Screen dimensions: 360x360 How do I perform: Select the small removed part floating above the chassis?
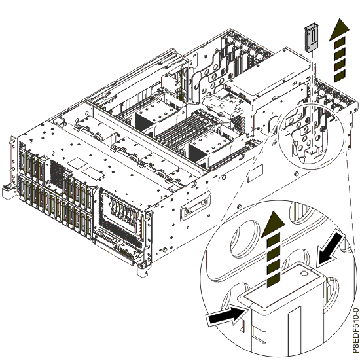[x=311, y=37]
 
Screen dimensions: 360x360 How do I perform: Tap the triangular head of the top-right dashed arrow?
[x=339, y=30]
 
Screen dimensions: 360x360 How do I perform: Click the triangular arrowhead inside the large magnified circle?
[x=273, y=223]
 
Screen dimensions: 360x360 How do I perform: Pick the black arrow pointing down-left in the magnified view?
[x=330, y=250]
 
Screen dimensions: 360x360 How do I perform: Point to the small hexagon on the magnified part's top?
[x=303, y=273]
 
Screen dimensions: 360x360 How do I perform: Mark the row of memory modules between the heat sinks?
[x=185, y=130]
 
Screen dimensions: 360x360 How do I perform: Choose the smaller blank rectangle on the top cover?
[x=92, y=173]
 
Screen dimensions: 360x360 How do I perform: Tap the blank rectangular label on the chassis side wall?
[x=255, y=173]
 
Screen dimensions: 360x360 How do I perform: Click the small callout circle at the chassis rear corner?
[x=312, y=136]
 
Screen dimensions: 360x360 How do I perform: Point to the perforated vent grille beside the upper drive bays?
[x=57, y=173]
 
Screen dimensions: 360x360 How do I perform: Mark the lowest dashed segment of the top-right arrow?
[x=340, y=76]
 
